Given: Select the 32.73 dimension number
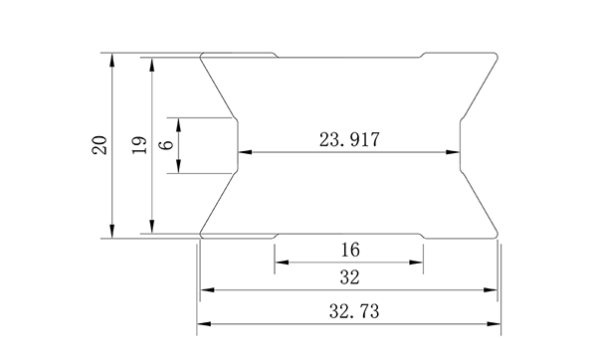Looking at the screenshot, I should [x=348, y=310].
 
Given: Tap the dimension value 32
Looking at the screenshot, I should [x=348, y=276].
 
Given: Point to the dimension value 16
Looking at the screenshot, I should [x=349, y=249].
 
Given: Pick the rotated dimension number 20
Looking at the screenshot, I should [x=99, y=146].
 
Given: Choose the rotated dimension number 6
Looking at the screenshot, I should [x=165, y=145].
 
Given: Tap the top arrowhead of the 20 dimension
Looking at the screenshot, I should [x=112, y=59].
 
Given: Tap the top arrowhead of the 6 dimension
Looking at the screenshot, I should [x=177, y=122].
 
